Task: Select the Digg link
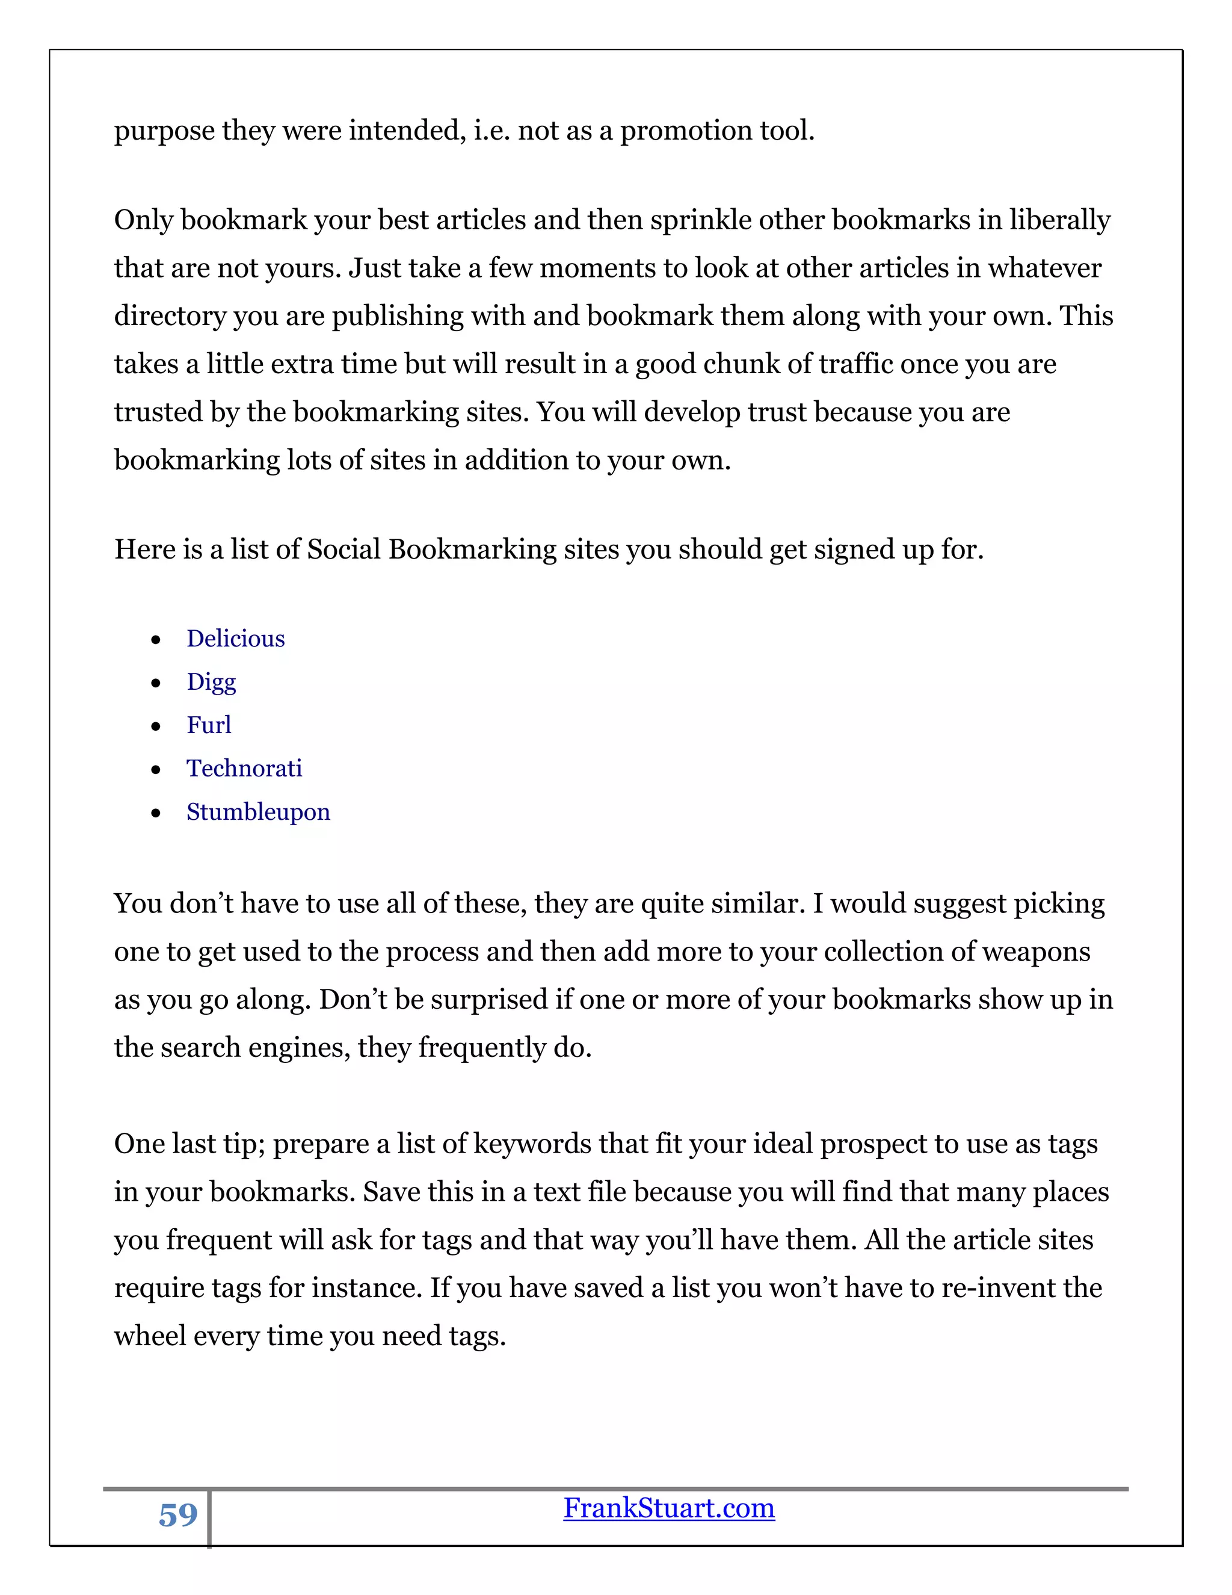(211, 682)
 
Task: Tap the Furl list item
(209, 725)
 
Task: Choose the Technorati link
(244, 768)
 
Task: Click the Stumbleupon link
(257, 812)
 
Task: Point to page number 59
(178, 1515)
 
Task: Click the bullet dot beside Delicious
(155, 640)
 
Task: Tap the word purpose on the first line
(164, 131)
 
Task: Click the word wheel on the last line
(150, 1336)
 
